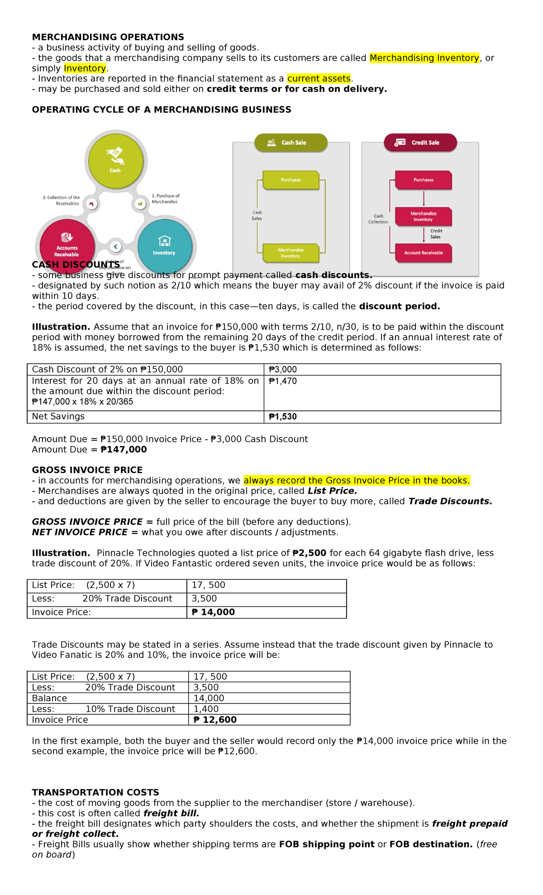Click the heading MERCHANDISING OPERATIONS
pos(108,37)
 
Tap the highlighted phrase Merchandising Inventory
pos(424,58)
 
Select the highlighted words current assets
pos(319,79)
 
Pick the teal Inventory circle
pos(165,246)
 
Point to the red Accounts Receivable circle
pos(67,245)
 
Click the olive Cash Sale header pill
pos(291,143)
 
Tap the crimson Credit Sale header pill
pos(420,143)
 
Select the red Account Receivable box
pos(424,253)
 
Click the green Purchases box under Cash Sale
pos(291,180)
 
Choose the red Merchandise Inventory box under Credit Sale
pos(424,217)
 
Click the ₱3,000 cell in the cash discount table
pos(283,370)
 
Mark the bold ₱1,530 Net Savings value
pos(283,417)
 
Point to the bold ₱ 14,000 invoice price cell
pos(213,612)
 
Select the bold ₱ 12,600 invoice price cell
pos(215,720)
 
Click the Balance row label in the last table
pos(49,698)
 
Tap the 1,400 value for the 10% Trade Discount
pos(206,709)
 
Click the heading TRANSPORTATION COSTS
pos(95,793)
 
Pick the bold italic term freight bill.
pos(171,813)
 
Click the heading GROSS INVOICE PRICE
pos(87,470)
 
